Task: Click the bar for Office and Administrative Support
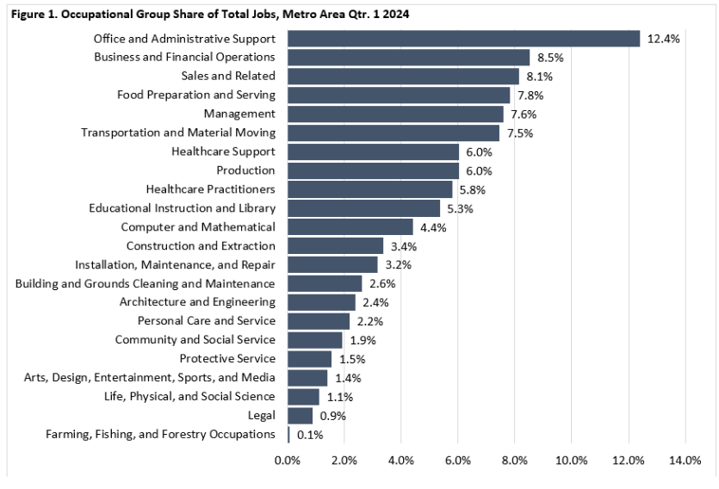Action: [x=463, y=39]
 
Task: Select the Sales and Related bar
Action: [x=403, y=77]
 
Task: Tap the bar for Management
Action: [x=395, y=114]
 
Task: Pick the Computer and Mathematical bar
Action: [x=350, y=226]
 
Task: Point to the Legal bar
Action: [x=300, y=415]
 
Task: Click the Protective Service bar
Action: [x=309, y=358]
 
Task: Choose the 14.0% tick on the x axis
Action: [x=685, y=461]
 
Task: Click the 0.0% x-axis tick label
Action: [x=288, y=461]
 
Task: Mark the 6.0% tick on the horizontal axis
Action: [x=457, y=461]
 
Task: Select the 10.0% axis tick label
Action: [x=571, y=461]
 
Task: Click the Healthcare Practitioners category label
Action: [x=211, y=189]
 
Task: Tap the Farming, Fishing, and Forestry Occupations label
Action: [x=160, y=434]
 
